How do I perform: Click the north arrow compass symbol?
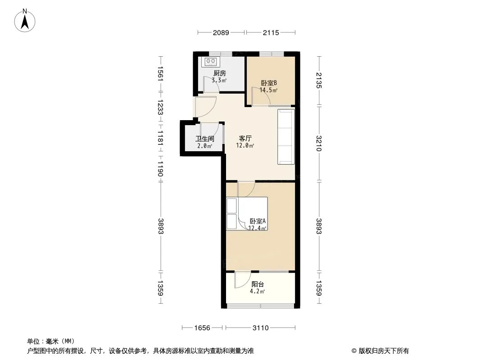pyautogui.click(x=25, y=21)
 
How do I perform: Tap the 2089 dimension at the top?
pyautogui.click(x=221, y=32)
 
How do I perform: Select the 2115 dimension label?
pyautogui.click(x=271, y=32)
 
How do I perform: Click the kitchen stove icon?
pyautogui.click(x=211, y=62)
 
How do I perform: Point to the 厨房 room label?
pyautogui.click(x=219, y=73)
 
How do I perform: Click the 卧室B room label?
pyautogui.click(x=269, y=83)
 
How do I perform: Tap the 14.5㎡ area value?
pyautogui.click(x=268, y=90)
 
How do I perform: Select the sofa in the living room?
pyautogui.click(x=286, y=137)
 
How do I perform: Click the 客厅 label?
pyautogui.click(x=245, y=138)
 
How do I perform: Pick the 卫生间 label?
pyautogui.click(x=205, y=139)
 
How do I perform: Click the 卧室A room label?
pyautogui.click(x=258, y=221)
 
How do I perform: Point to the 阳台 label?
pyautogui.click(x=258, y=284)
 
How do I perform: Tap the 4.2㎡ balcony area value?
pyautogui.click(x=257, y=292)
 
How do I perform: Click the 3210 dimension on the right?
pyautogui.click(x=319, y=143)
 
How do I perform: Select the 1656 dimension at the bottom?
pyautogui.click(x=202, y=328)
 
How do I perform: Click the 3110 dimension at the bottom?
pyautogui.click(x=261, y=328)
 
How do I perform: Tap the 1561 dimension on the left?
pyautogui.click(x=160, y=74)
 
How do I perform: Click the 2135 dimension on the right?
pyautogui.click(x=319, y=81)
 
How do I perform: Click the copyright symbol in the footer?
pyautogui.click(x=354, y=351)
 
